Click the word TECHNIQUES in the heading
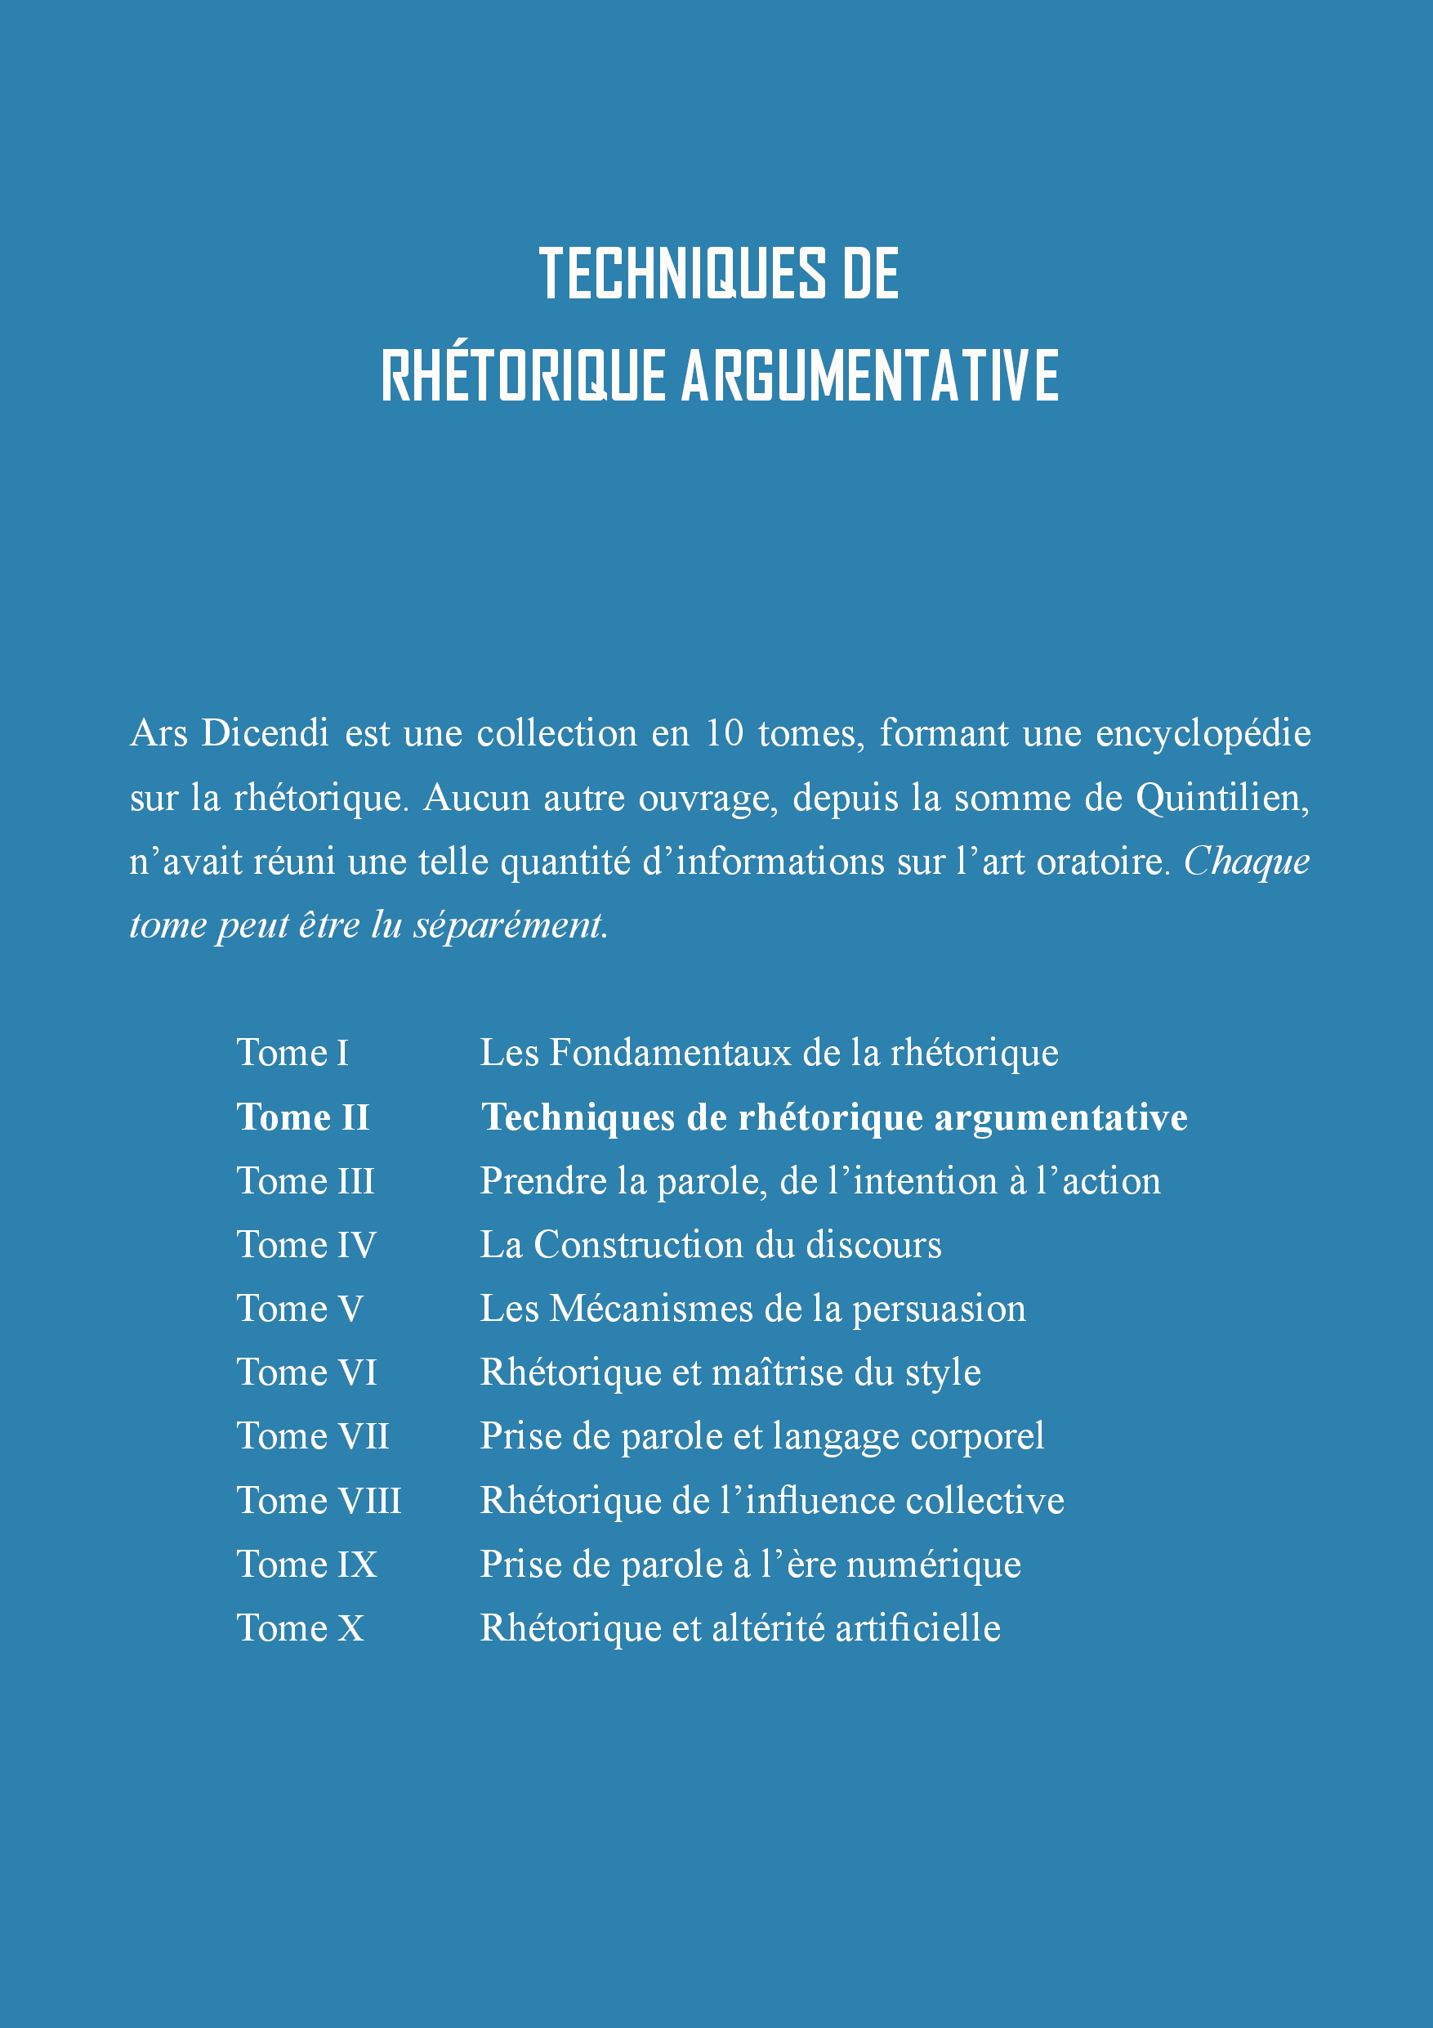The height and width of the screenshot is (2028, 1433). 681,274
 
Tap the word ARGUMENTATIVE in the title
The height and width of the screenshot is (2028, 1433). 870,375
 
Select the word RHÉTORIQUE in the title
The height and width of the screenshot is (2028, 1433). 523,375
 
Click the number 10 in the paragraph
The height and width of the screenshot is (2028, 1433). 724,733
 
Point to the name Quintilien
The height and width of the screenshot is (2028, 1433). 1222,798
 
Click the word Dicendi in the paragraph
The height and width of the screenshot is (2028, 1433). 265,733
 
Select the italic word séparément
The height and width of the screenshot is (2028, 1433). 511,925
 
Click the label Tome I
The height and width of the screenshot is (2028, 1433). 292,1053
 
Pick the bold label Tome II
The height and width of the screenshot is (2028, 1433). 303,1117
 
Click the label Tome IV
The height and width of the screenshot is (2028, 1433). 306,1245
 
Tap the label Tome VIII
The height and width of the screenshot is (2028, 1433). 319,1501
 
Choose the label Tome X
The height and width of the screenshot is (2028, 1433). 300,1627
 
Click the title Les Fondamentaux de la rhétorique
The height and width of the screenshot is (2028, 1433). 768,1053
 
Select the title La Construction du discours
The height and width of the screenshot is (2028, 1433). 710,1245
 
